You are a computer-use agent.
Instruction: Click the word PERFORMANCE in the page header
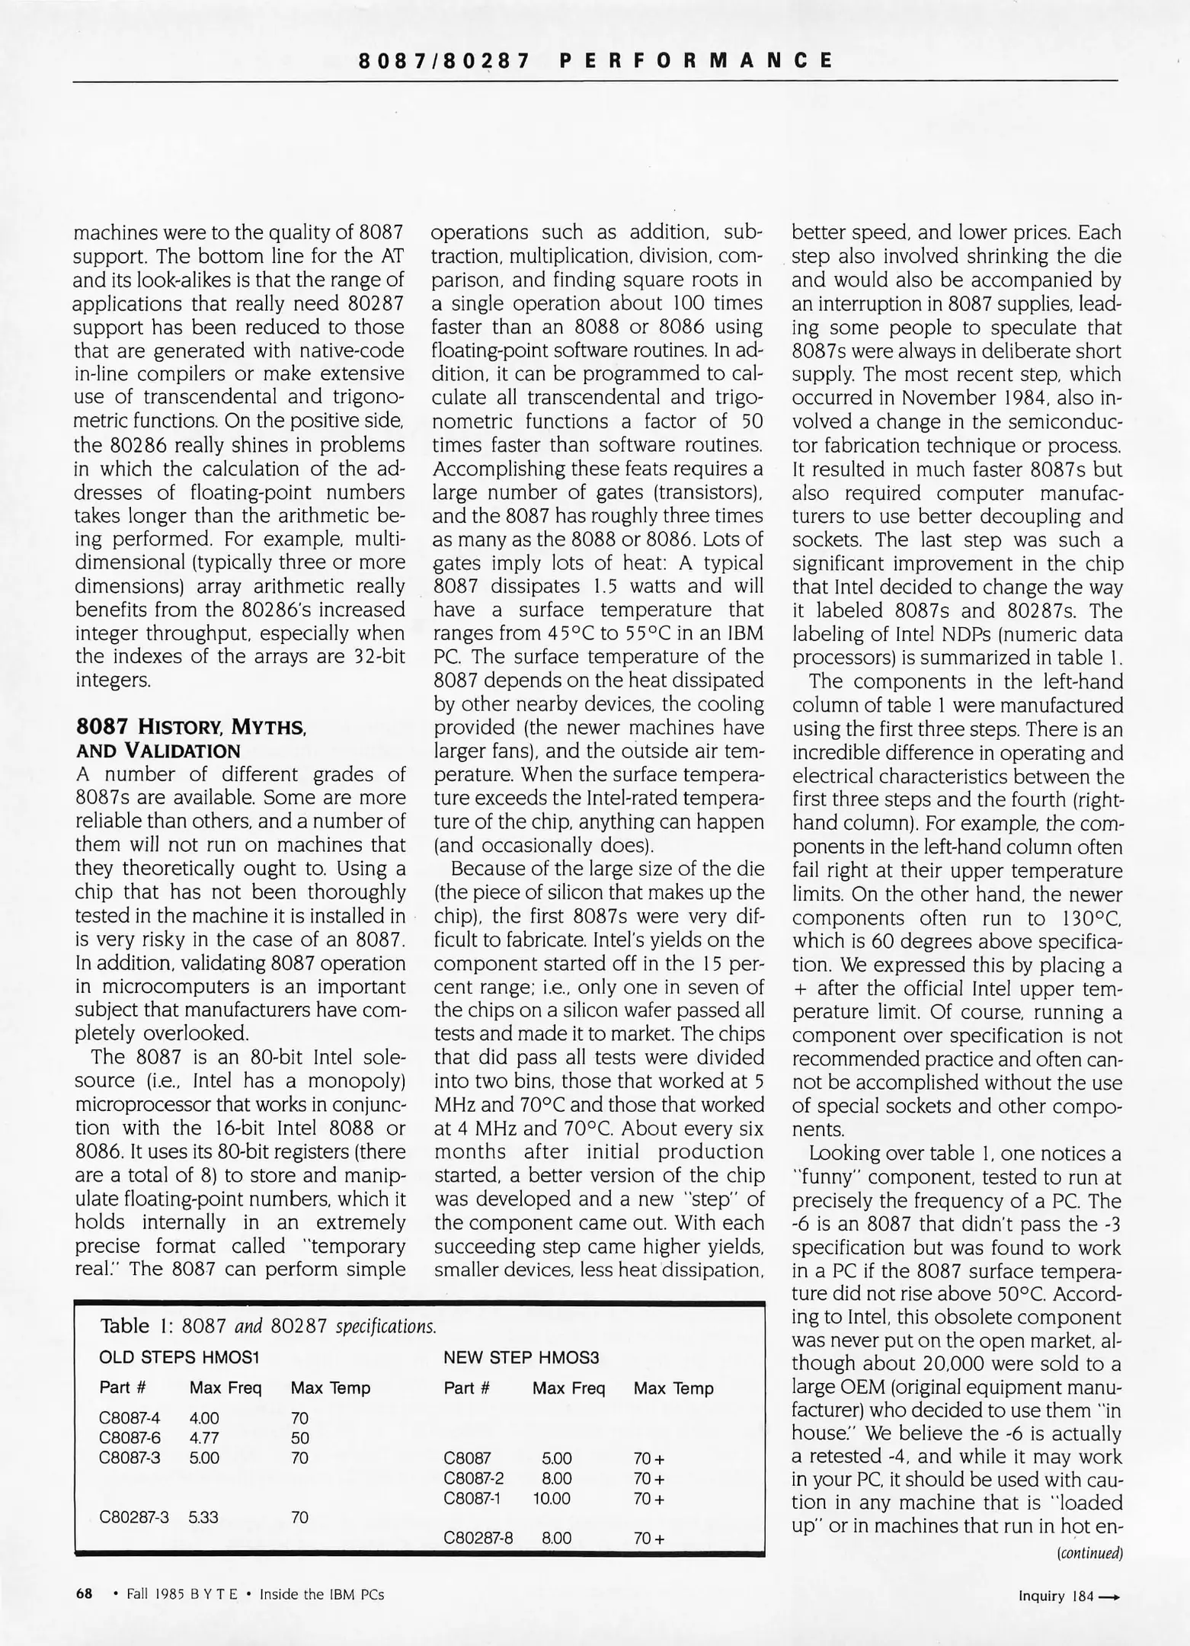(x=695, y=60)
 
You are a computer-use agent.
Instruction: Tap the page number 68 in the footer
(x=84, y=1593)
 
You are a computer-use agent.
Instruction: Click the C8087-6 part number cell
(x=130, y=1438)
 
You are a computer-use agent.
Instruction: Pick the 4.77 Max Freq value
(x=203, y=1438)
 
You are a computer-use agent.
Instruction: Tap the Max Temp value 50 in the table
(x=299, y=1438)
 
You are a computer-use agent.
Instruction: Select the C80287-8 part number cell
(x=478, y=1538)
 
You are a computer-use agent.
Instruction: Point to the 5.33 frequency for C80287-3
(x=203, y=1517)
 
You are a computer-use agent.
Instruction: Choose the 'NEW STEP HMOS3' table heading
(x=521, y=1357)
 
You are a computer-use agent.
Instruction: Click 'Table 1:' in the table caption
(x=134, y=1326)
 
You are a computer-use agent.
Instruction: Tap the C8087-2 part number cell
(x=473, y=1478)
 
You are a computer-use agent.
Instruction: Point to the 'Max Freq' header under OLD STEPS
(x=225, y=1388)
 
